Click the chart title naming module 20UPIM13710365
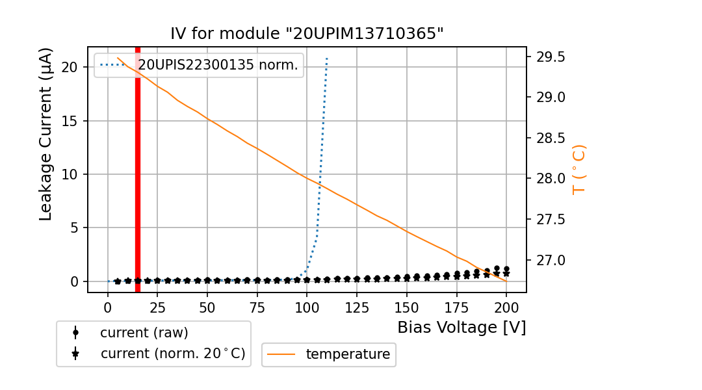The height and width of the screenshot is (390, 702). [x=307, y=34]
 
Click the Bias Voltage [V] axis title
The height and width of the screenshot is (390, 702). [x=461, y=328]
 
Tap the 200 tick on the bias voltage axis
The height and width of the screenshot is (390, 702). [x=506, y=307]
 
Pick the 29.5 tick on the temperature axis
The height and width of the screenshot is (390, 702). [x=551, y=57]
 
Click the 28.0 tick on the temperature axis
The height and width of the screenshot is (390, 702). [x=551, y=179]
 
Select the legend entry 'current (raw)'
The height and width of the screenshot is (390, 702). [x=144, y=333]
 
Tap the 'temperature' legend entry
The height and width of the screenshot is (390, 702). [x=348, y=354]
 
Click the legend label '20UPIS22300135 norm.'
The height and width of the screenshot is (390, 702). [x=218, y=65]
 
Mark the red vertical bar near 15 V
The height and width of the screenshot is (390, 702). [x=138, y=169]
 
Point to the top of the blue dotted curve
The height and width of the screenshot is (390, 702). [x=327, y=58]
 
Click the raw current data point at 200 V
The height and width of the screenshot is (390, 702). [x=506, y=268]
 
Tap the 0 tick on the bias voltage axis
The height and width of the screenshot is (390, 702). [x=108, y=307]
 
